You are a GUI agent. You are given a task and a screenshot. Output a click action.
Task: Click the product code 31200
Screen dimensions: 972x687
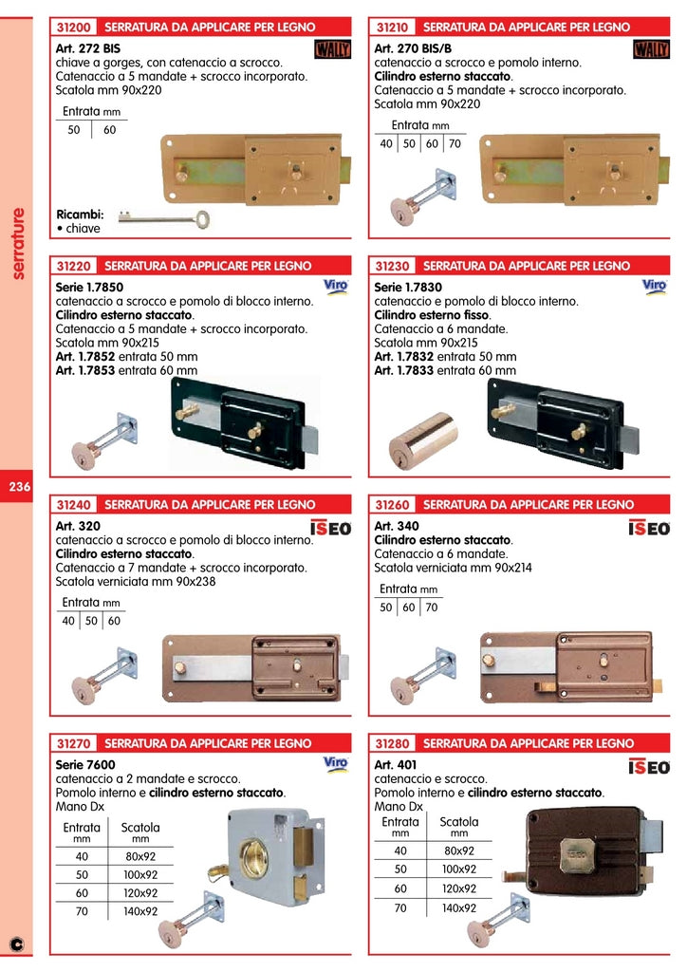point(74,27)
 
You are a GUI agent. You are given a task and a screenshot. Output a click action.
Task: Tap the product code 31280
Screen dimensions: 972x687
point(393,743)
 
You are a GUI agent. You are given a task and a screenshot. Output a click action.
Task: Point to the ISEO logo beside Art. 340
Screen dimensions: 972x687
point(649,529)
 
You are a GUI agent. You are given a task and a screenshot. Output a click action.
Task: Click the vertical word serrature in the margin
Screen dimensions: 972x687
point(19,243)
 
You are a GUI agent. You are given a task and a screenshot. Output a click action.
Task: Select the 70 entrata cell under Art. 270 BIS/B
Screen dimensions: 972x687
point(455,144)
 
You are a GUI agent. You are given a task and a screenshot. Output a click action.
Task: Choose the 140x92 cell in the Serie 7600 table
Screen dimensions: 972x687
point(140,910)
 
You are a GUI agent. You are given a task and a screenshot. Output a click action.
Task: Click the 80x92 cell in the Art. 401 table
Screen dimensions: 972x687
point(459,850)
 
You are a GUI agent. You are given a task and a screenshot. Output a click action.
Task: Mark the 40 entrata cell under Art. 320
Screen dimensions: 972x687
point(68,621)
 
